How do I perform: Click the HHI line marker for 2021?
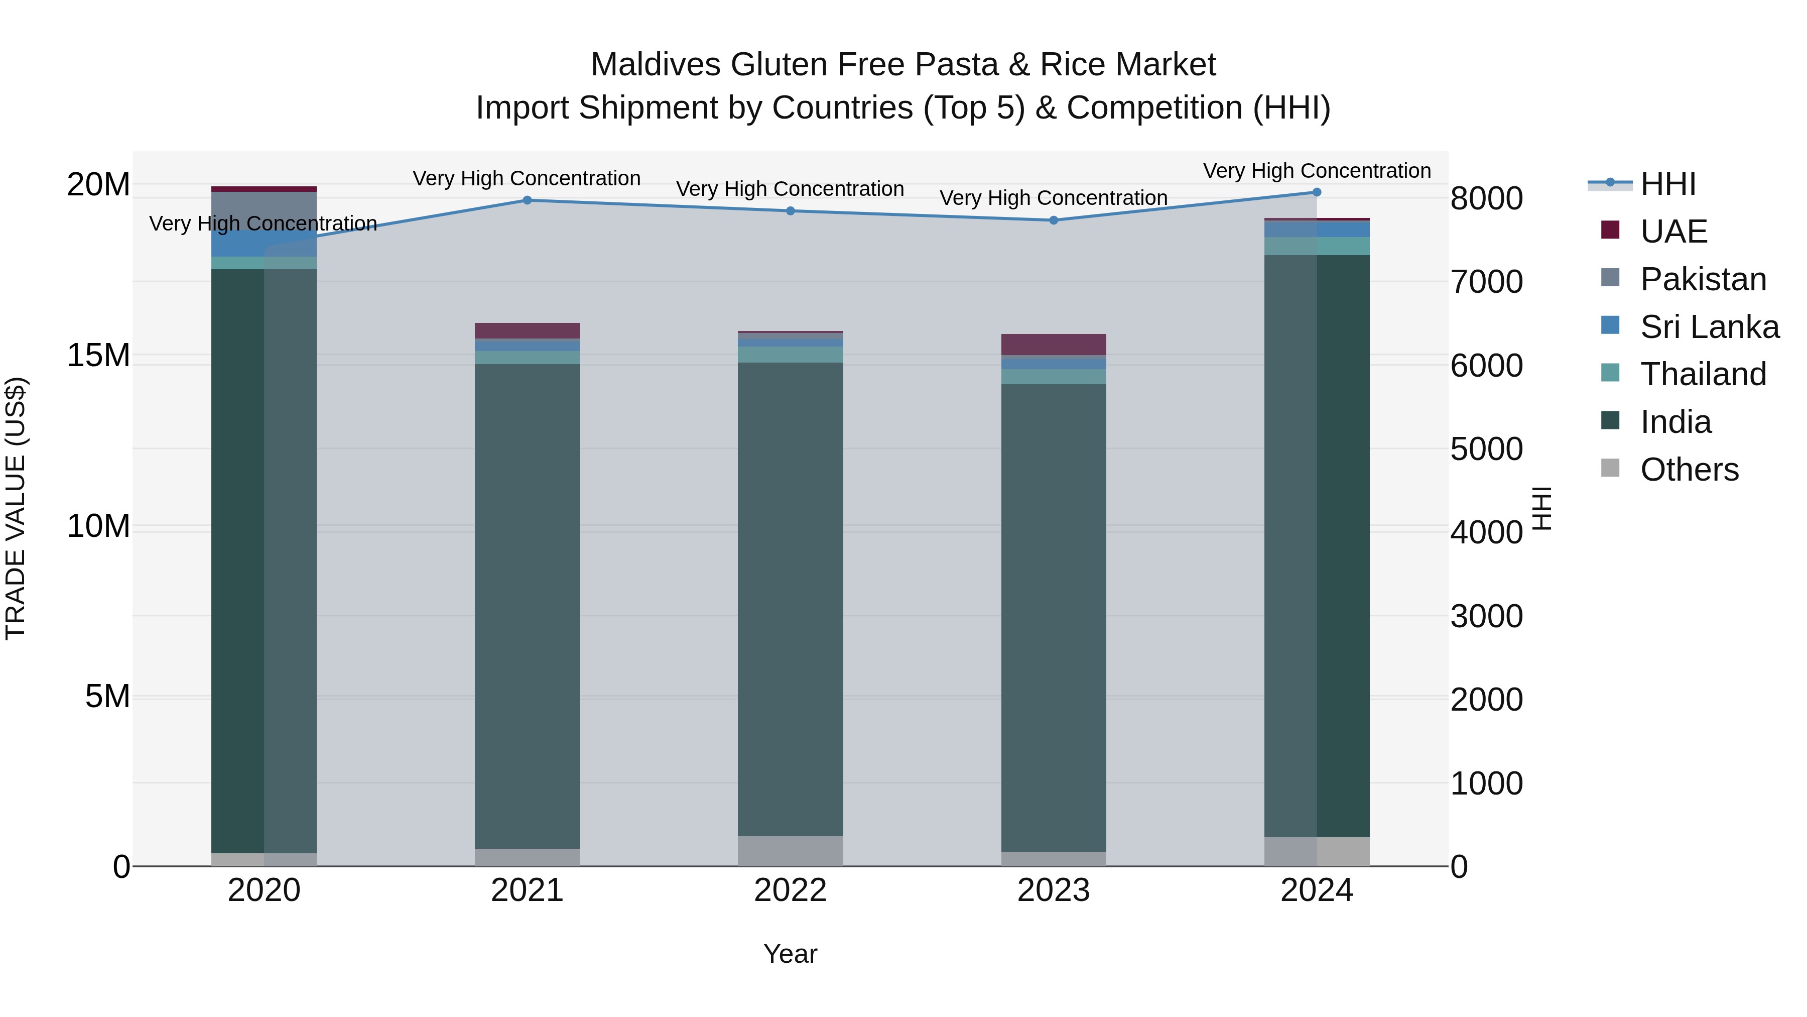pos(527,200)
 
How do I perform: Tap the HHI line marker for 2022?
pos(790,210)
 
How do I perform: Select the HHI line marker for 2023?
pos(1053,220)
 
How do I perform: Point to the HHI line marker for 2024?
pos(1316,192)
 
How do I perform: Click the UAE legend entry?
pos(1673,232)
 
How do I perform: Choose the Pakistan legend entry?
pos(1703,279)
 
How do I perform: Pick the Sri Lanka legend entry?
pos(1709,327)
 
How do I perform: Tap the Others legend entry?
pos(1689,470)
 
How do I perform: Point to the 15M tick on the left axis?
pos(98,356)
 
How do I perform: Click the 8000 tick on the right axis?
pos(1486,198)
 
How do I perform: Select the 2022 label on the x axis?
pos(790,890)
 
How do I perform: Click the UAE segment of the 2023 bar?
pos(1053,345)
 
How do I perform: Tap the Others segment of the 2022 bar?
pos(790,851)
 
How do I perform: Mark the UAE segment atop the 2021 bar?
pos(527,330)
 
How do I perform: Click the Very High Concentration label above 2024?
pos(1317,171)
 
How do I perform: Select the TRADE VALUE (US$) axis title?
pos(16,508)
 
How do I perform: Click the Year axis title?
pos(790,954)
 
